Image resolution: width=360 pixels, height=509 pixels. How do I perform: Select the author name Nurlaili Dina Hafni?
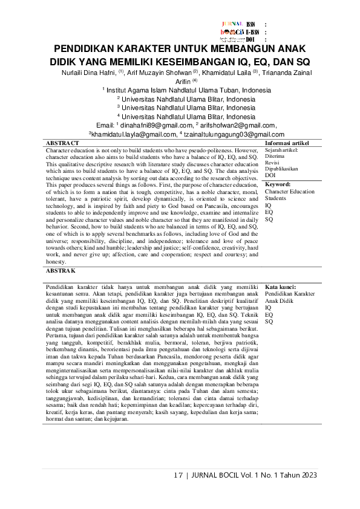pos(81,73)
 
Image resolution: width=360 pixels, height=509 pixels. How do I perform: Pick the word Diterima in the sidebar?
pos(275,159)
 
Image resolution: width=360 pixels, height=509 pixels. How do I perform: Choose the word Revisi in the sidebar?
pos(273,164)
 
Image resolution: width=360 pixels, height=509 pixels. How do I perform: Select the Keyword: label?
pos(278,184)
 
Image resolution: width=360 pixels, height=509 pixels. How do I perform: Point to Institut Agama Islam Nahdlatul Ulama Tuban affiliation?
pos(188,91)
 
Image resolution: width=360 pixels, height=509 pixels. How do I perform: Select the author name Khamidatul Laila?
pos(230,73)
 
